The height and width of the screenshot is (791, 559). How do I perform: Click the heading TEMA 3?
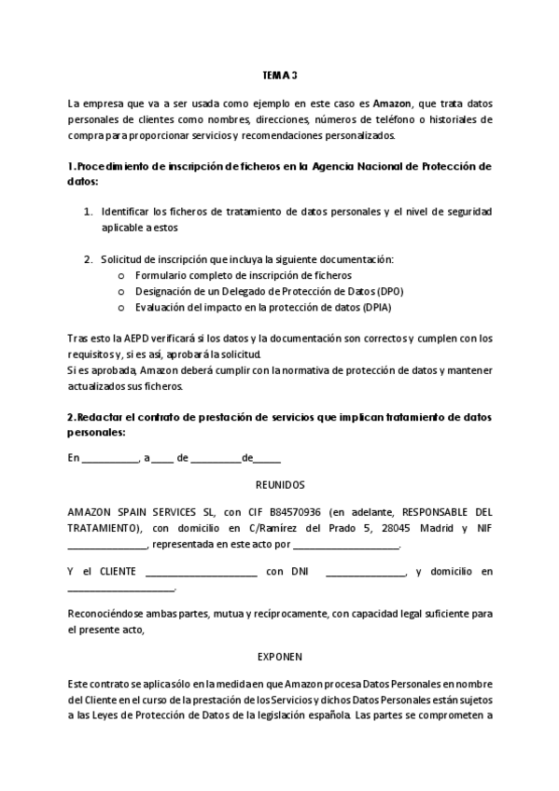279,75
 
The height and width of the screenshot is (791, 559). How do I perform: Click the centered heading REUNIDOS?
279,484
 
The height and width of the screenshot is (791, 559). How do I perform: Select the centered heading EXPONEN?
279,656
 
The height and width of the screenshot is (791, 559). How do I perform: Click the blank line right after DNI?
366,572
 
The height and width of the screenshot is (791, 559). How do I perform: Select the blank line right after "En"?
110,460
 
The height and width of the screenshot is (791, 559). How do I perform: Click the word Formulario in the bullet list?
161,276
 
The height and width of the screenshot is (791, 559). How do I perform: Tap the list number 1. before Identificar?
89,211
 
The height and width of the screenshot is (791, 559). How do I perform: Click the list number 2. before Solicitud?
89,259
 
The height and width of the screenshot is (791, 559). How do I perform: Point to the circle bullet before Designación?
122,292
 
